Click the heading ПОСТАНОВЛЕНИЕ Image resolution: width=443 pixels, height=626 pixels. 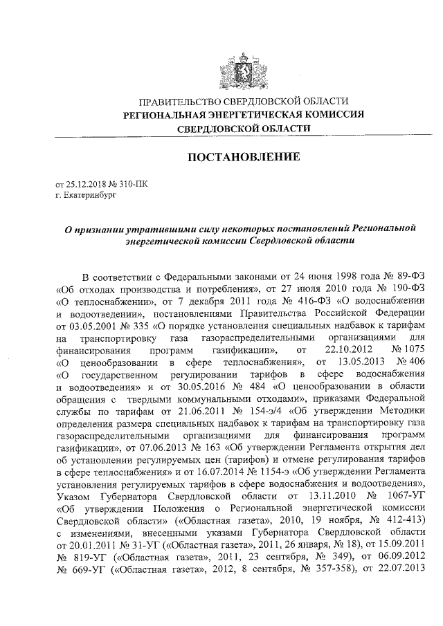tap(244, 157)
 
